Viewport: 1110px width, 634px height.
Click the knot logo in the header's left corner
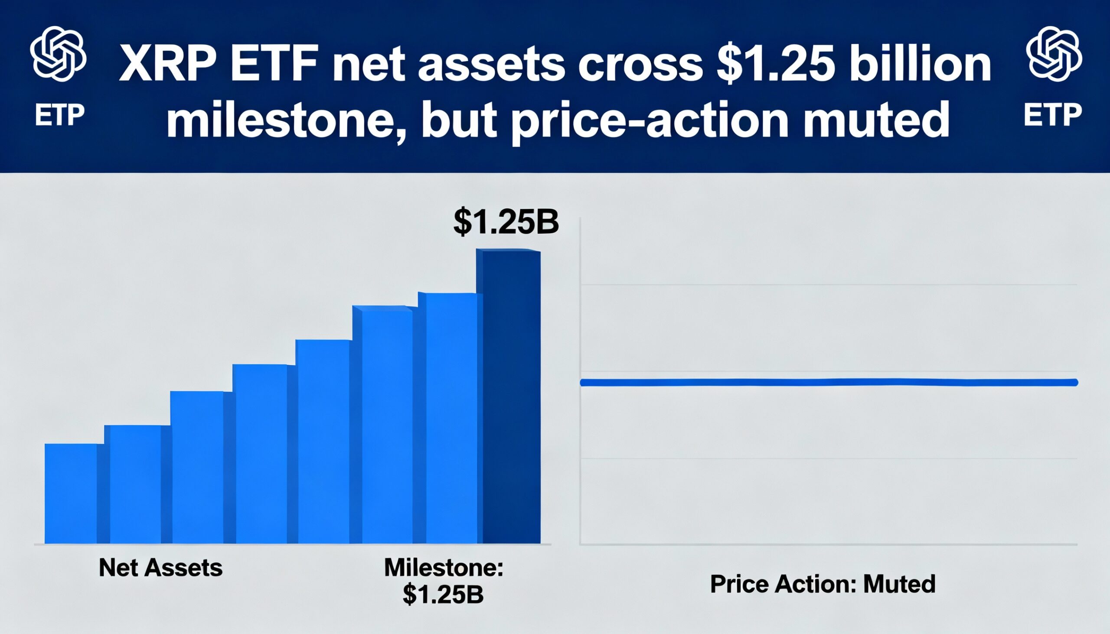[58, 54]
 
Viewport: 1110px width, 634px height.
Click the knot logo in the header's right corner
[1054, 54]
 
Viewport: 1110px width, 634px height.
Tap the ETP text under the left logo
[59, 116]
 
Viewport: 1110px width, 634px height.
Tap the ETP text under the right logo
[1052, 115]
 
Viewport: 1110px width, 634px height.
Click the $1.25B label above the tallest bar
[506, 222]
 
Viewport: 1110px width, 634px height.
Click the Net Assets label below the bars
[161, 567]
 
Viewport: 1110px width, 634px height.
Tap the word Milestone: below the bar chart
[444, 567]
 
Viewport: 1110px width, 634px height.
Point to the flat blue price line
[828, 382]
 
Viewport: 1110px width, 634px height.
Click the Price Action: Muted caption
[823, 583]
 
